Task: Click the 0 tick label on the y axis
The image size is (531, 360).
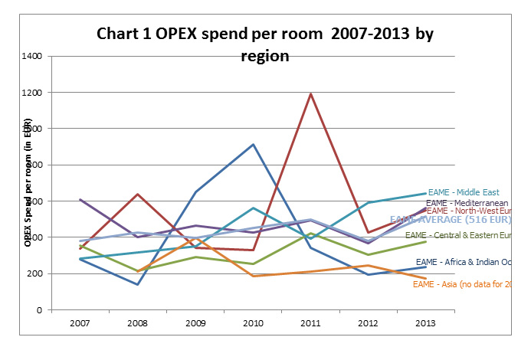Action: (x=38, y=310)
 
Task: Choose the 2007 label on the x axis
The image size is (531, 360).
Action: (x=80, y=323)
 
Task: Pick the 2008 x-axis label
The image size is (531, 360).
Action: (x=138, y=323)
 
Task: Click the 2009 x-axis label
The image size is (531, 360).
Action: (x=195, y=323)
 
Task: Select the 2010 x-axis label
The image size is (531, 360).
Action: (x=253, y=323)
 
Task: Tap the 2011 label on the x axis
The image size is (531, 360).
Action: (x=310, y=323)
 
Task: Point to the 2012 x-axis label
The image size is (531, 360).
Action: (x=369, y=323)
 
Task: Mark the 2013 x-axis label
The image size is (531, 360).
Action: (x=426, y=323)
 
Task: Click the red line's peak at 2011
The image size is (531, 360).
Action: (x=310, y=94)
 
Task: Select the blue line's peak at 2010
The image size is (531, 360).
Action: (x=253, y=144)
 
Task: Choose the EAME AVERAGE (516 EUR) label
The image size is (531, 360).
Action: (x=452, y=219)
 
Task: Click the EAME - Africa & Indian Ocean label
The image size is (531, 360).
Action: (x=469, y=262)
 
